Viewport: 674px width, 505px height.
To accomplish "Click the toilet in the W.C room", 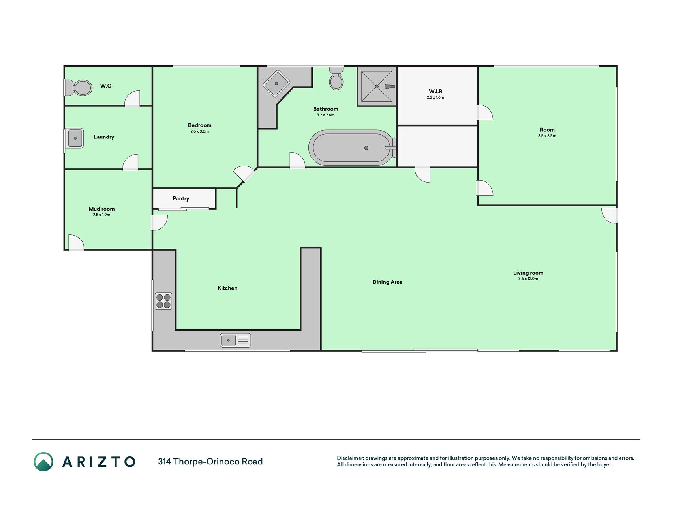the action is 78,88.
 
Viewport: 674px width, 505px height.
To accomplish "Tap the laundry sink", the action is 74,138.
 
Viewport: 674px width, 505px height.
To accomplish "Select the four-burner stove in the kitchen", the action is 163,301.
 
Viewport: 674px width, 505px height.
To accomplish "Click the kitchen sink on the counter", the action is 235,340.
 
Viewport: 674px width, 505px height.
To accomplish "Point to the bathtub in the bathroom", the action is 352,148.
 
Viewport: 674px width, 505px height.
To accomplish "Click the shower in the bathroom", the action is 377,86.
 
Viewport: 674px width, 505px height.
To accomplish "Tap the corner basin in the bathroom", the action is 276,84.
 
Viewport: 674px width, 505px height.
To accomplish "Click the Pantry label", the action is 181,198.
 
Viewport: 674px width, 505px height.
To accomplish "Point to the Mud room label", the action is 101,209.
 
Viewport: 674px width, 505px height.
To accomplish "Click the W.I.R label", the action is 436,91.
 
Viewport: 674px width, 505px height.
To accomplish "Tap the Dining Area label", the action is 387,282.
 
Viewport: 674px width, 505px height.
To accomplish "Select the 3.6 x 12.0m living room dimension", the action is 528,279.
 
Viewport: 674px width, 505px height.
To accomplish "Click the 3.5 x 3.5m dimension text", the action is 547,136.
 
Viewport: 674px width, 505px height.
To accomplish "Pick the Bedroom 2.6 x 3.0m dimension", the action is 200,131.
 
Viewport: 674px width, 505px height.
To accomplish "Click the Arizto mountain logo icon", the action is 43,462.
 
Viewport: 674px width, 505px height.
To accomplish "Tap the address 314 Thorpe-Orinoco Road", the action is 210,462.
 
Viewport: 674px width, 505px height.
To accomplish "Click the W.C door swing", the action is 132,99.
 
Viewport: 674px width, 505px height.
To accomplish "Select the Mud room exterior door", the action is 76,243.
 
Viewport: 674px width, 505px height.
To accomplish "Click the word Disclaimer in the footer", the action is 350,458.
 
